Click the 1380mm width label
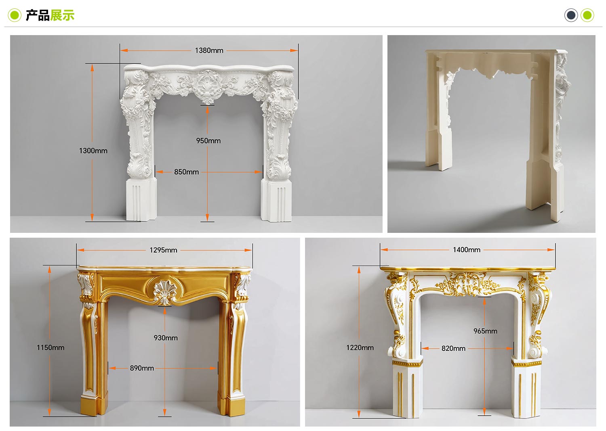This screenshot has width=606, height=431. [209, 50]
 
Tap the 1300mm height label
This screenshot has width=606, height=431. [93, 151]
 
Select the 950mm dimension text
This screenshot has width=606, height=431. [208, 141]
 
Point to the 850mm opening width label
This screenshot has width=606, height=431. [186, 172]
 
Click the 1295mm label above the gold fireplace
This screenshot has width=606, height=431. [163, 250]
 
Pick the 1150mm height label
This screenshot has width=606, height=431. [50, 347]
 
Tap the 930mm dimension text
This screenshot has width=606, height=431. [166, 338]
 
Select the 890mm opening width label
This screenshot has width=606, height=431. [142, 368]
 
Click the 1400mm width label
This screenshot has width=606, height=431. [467, 250]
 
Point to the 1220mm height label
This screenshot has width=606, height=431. [360, 347]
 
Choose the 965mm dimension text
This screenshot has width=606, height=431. [485, 331]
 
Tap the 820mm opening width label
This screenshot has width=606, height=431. [453, 348]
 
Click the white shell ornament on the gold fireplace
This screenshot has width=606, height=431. [164, 292]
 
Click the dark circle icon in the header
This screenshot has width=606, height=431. [571, 15]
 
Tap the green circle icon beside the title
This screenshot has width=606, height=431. [15, 15]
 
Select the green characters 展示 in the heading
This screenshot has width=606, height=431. [62, 15]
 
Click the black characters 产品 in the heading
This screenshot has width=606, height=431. [38, 15]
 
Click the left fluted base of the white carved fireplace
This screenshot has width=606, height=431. [141, 199]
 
